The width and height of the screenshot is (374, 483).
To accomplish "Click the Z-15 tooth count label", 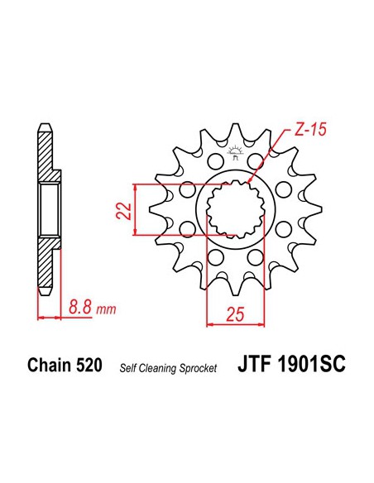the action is point(309,130).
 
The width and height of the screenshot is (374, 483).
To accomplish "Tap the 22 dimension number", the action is point(123,211).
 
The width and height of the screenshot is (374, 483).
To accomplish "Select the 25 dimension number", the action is point(235,314).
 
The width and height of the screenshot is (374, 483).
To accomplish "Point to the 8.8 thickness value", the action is point(80,307).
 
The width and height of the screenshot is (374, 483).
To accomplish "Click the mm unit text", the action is point(106,309).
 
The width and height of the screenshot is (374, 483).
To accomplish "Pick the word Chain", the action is point(49,366).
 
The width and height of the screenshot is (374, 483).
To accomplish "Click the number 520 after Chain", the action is point(89,366).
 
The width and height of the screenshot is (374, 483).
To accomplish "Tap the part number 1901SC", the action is point(312,365).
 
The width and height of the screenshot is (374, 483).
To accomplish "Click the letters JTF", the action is point(254,365).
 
